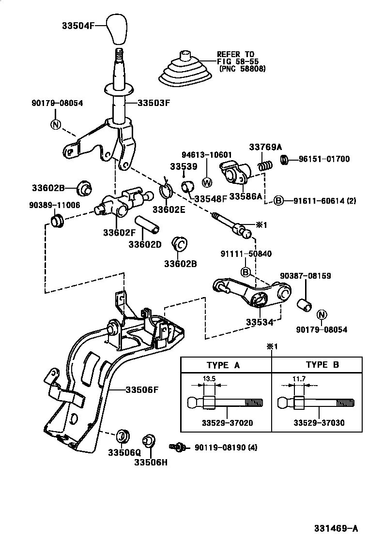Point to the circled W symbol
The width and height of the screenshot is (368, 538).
click(207, 182)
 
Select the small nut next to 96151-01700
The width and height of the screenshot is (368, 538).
click(285, 159)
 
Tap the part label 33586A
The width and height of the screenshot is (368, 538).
click(245, 196)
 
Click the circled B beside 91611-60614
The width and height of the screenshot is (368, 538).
click(279, 200)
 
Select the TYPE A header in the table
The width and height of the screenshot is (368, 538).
click(223, 365)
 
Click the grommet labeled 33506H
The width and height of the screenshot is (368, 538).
click(148, 442)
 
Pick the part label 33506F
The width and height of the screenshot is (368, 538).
click(141, 389)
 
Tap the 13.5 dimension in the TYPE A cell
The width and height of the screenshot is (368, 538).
click(209, 378)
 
